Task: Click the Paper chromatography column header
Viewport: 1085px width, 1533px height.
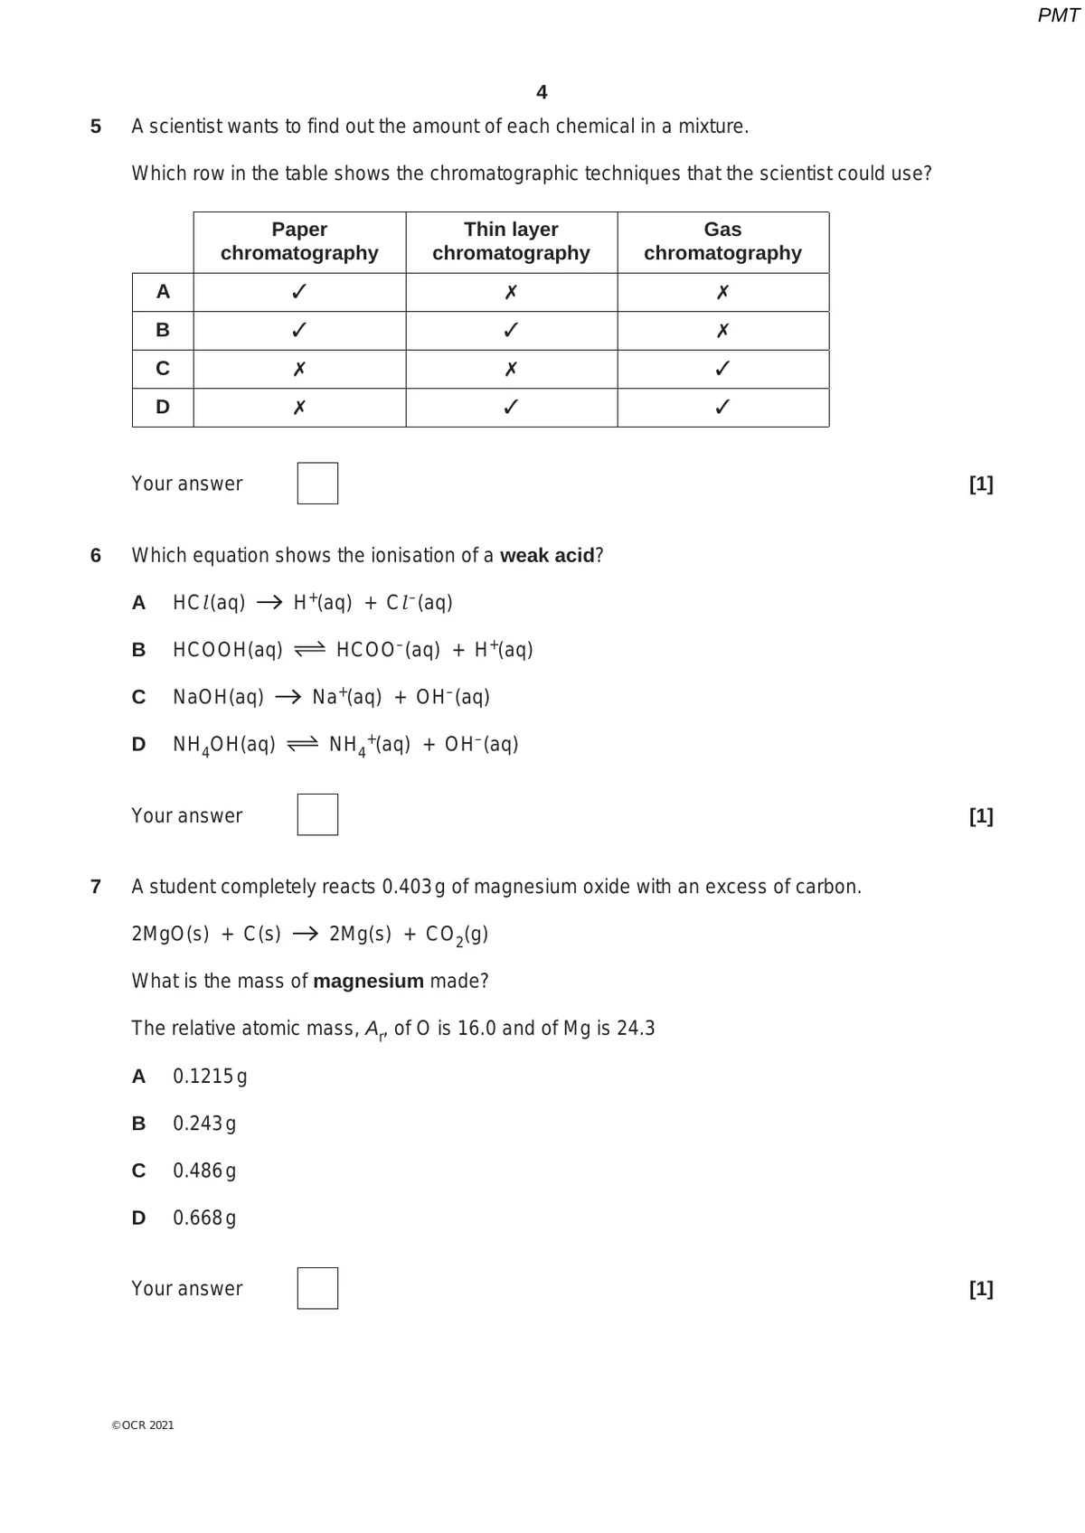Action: (299, 241)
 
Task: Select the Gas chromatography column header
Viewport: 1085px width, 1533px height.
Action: (722, 241)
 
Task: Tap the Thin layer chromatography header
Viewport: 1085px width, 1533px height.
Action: (511, 241)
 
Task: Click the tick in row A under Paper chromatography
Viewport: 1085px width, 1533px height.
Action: (299, 292)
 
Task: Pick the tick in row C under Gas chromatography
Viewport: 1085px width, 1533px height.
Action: (722, 369)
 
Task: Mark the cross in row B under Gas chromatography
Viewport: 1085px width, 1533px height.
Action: (722, 331)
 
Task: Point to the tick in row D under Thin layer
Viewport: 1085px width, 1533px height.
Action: (511, 408)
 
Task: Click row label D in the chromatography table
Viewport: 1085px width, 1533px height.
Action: (163, 408)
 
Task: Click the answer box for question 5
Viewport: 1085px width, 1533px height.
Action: (317, 484)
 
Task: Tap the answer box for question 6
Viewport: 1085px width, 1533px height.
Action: (317, 814)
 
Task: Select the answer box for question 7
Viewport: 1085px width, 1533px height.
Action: (317, 1288)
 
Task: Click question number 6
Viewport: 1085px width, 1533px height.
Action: (96, 555)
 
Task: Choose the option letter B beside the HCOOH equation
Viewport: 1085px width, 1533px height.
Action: (138, 650)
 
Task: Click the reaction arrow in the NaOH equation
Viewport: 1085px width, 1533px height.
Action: (288, 697)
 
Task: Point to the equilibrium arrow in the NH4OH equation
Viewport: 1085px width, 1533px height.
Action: (302, 745)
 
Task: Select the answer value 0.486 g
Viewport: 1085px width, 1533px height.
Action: (204, 1171)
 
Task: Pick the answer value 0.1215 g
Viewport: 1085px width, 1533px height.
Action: (210, 1077)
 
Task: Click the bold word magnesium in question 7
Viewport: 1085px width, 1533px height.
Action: (368, 981)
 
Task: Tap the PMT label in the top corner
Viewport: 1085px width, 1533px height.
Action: (1058, 15)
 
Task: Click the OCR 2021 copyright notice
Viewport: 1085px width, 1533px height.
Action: (143, 1425)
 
